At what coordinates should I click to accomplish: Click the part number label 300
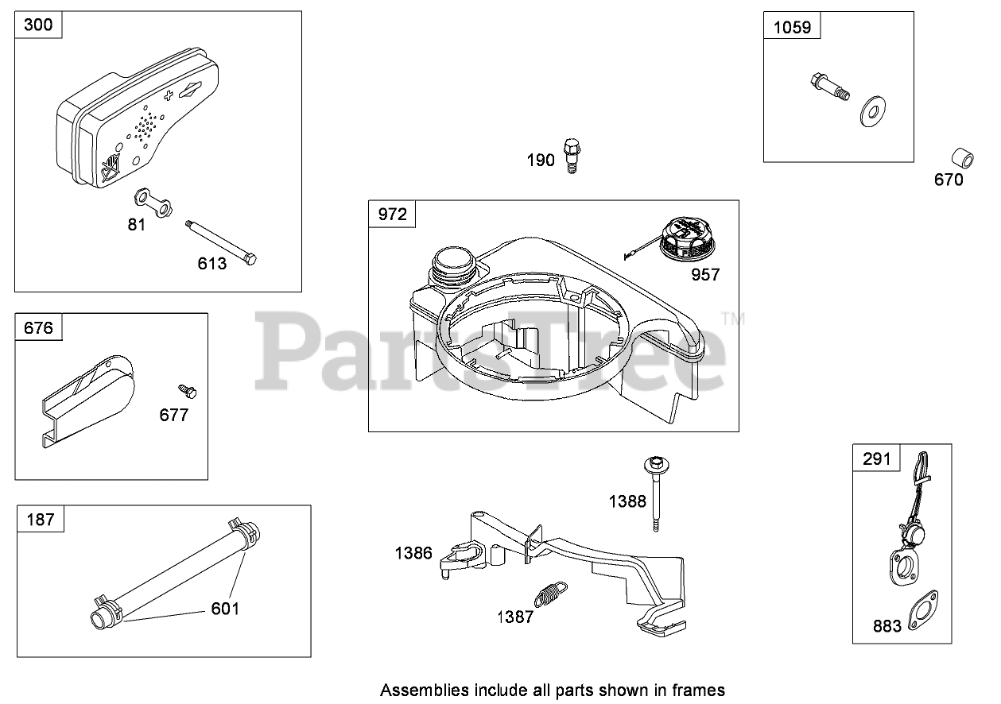point(38,25)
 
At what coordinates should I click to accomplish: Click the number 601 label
point(225,609)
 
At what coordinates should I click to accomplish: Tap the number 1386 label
point(413,553)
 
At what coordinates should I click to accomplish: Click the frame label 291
point(877,458)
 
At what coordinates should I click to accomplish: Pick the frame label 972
point(392,214)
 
